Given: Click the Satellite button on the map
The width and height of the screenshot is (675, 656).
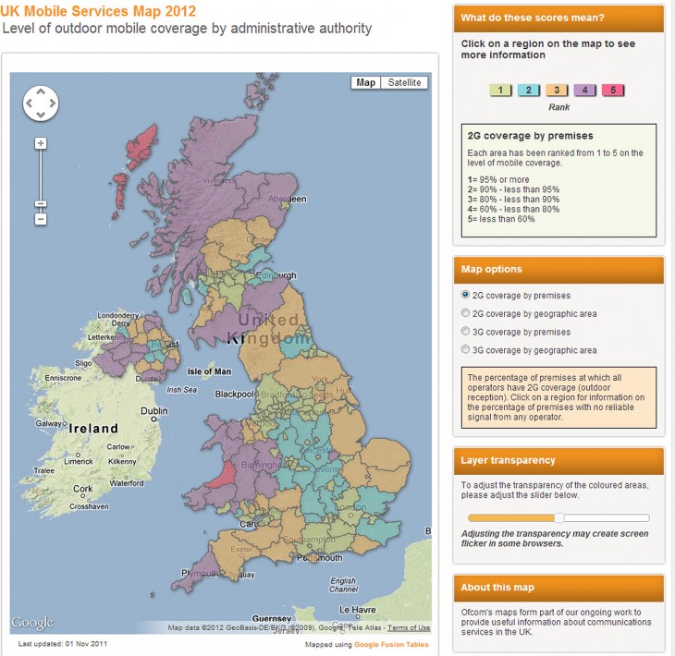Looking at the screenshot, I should click(x=405, y=82).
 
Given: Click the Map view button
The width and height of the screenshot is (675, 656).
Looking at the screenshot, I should click(x=366, y=82).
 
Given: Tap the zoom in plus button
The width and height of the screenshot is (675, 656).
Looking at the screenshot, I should click(x=41, y=143).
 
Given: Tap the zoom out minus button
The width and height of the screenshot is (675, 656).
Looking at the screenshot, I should click(x=41, y=219).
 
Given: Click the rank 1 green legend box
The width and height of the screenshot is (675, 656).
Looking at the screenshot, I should click(x=500, y=90).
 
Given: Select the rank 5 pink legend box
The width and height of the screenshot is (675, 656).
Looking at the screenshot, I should click(x=614, y=90).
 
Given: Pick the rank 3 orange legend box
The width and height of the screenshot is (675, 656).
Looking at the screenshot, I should click(x=558, y=90).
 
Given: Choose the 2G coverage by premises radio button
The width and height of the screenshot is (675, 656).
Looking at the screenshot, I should click(x=465, y=295).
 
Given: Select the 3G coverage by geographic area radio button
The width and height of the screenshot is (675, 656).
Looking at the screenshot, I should click(x=465, y=350).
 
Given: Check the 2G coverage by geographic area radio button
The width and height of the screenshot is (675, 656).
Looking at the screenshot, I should click(x=465, y=313).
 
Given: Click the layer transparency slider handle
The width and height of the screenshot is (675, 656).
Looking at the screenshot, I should click(x=558, y=518).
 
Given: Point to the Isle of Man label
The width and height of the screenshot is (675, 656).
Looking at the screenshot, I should click(x=209, y=371).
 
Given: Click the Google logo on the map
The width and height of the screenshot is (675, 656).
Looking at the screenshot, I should click(x=32, y=622).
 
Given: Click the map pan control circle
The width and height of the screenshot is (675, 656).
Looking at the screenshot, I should click(x=41, y=103).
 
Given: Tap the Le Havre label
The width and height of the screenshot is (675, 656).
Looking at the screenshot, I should click(x=357, y=609).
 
